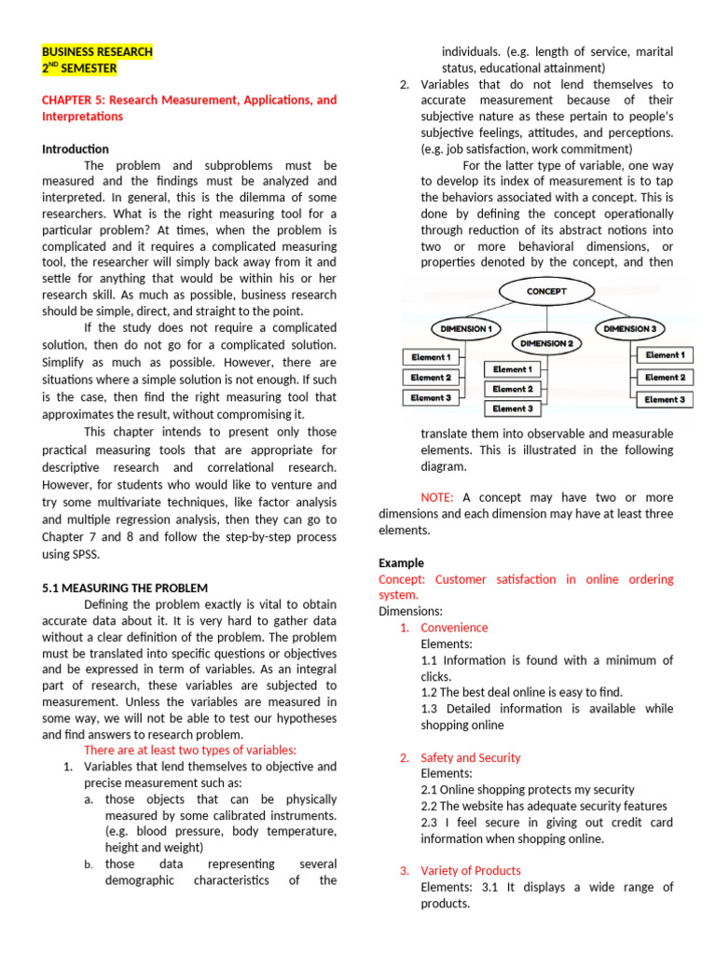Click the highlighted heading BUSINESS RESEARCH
pyautogui.click(x=97, y=52)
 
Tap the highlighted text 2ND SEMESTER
pyautogui.click(x=79, y=68)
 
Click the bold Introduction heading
pyautogui.click(x=76, y=148)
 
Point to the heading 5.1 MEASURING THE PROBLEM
pyautogui.click(x=125, y=588)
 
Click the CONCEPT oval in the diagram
pyautogui.click(x=545, y=291)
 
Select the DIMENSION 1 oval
pyautogui.click(x=463, y=328)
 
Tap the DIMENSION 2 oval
pyautogui.click(x=545, y=343)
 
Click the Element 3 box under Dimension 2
pyautogui.click(x=513, y=408)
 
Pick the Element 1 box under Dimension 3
pyautogui.click(x=664, y=355)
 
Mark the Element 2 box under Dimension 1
pyautogui.click(x=430, y=378)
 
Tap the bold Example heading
pyautogui.click(x=401, y=563)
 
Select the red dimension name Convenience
pyautogui.click(x=454, y=628)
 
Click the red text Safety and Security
pyautogui.click(x=471, y=758)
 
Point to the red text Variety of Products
pyautogui.click(x=470, y=871)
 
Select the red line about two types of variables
pyautogui.click(x=190, y=750)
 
